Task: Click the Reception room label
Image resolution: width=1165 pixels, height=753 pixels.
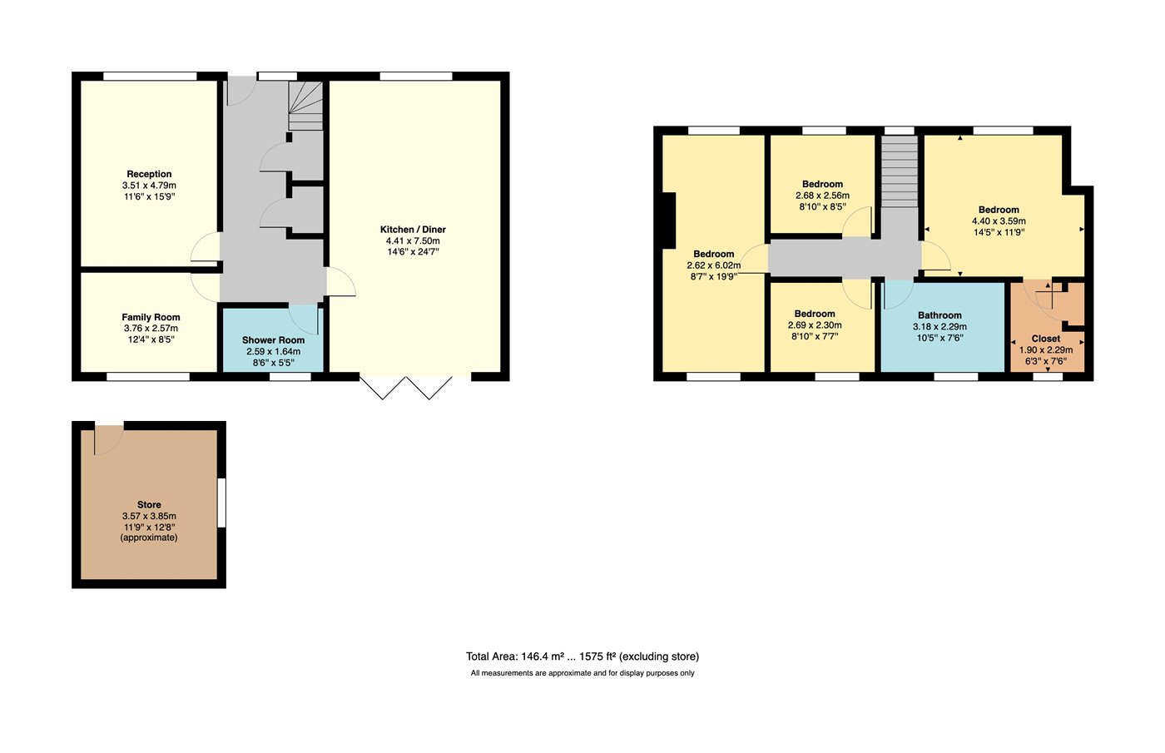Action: (x=149, y=174)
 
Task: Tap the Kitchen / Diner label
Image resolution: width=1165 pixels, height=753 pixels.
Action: (x=413, y=230)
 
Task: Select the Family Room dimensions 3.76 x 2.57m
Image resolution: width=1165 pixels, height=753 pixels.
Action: (x=151, y=328)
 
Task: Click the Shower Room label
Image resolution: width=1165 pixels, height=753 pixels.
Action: (x=273, y=340)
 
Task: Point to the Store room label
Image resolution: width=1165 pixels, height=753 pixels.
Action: (x=149, y=504)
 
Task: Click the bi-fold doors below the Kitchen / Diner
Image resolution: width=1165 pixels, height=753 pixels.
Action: (x=406, y=388)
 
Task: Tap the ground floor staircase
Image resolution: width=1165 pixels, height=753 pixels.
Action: (x=306, y=106)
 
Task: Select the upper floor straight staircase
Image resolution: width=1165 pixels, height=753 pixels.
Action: (x=900, y=171)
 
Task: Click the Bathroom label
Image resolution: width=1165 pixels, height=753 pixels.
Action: (x=939, y=315)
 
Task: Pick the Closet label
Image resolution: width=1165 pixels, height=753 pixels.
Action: (x=1045, y=339)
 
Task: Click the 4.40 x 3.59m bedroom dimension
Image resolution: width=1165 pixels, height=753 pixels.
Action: (x=999, y=221)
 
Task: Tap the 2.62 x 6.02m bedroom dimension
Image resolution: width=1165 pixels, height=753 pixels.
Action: (x=714, y=265)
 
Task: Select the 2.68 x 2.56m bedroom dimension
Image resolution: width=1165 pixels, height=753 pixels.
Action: (x=822, y=196)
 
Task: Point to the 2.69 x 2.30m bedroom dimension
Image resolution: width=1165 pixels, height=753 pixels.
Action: (x=815, y=325)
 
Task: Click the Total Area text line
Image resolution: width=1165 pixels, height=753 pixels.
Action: (x=582, y=656)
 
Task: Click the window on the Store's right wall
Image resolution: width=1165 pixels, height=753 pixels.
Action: (x=221, y=503)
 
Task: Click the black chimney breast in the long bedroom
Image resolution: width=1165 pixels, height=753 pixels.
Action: (x=668, y=220)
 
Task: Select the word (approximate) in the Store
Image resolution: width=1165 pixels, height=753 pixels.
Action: (x=149, y=538)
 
